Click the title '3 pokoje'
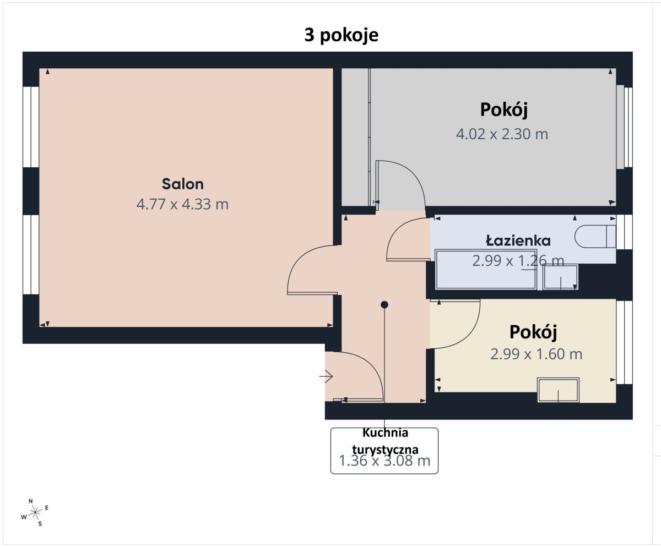342,35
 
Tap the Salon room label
183,184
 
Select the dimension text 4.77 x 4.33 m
182,205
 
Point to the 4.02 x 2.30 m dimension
502,134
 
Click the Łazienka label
518,240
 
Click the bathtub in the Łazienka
485,270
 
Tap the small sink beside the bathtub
561,277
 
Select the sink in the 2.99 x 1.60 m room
559,390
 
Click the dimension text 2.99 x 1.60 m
536,354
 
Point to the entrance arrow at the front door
326,376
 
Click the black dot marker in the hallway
384,304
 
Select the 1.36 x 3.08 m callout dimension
384,461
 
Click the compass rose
35,512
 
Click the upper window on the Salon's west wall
31,126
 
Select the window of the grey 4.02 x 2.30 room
625,127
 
